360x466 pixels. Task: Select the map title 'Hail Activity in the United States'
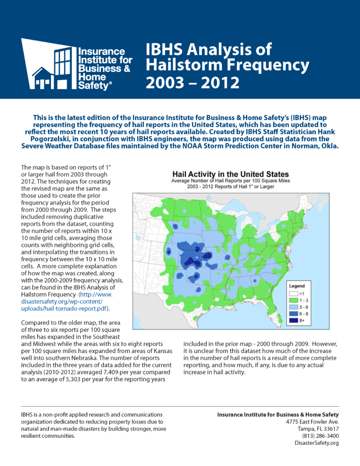pos(230,174)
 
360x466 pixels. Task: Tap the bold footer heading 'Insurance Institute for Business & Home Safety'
pos(278,414)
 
